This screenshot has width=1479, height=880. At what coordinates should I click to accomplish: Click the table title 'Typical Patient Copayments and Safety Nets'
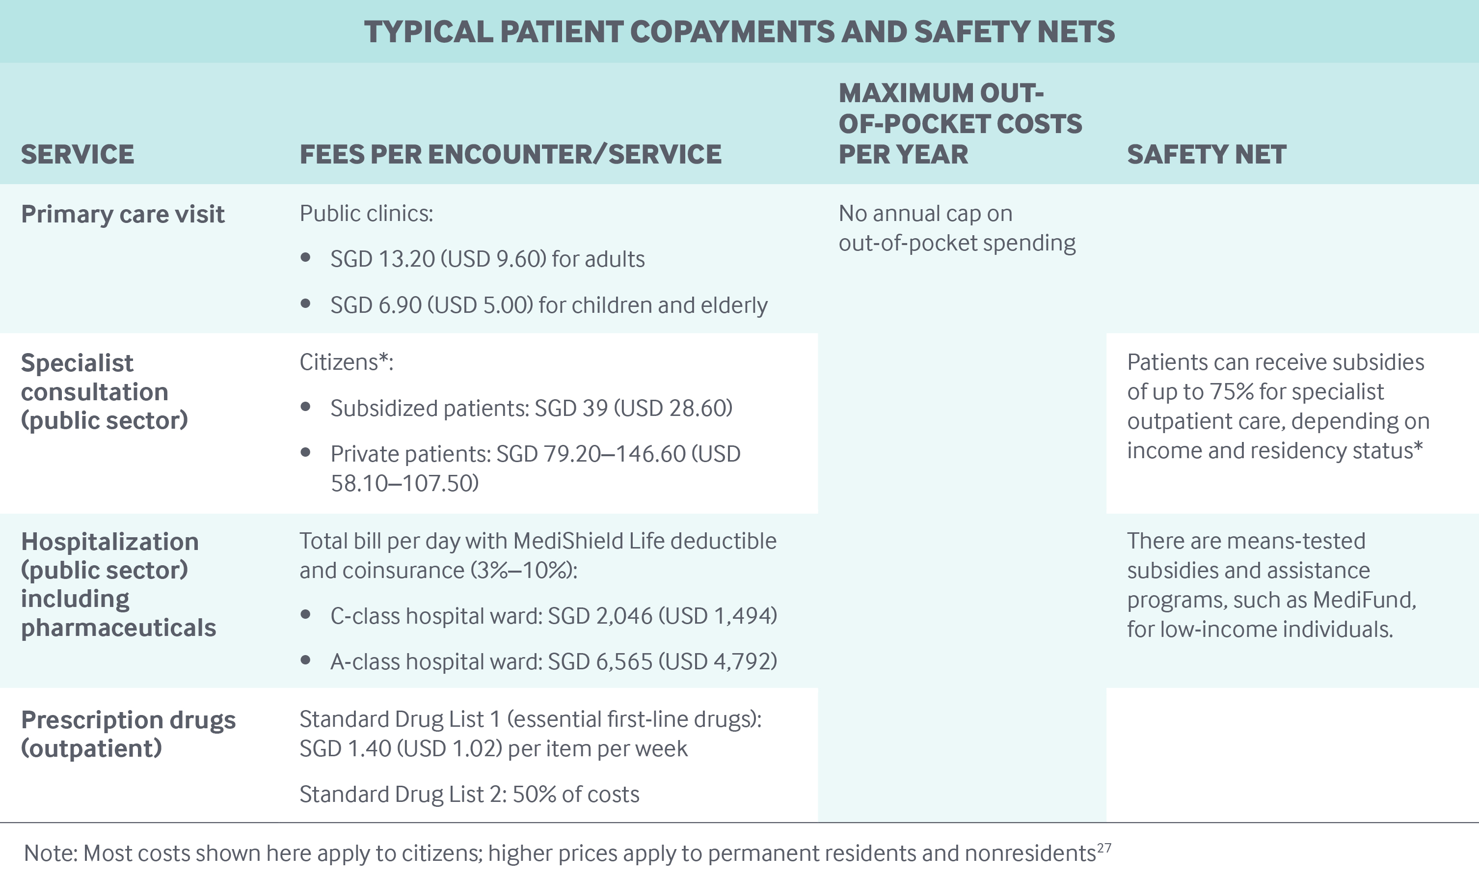click(x=739, y=32)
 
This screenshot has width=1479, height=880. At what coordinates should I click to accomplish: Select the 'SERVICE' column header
click(x=78, y=154)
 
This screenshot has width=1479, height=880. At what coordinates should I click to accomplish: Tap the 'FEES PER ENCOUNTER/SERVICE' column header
click(x=511, y=154)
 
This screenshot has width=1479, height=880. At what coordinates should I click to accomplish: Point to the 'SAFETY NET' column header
click(x=1206, y=154)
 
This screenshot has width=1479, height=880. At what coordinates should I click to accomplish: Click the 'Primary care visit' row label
click(x=123, y=214)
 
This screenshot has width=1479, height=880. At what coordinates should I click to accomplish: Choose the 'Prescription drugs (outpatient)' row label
click(x=128, y=734)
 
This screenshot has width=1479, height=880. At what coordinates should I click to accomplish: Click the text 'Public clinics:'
click(x=366, y=214)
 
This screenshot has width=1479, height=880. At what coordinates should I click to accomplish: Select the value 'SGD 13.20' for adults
click(x=382, y=259)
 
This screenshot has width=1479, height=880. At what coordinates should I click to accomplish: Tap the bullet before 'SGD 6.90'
click(x=306, y=303)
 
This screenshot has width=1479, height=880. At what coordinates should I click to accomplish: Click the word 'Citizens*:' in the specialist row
click(x=346, y=362)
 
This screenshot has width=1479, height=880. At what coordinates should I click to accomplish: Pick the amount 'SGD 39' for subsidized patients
click(x=571, y=408)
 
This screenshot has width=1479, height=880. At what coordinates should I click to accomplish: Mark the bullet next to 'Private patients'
click(x=306, y=452)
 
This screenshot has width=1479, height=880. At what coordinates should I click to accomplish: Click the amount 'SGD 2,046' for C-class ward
click(x=600, y=616)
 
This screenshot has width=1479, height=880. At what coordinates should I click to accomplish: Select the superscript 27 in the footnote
click(x=1104, y=848)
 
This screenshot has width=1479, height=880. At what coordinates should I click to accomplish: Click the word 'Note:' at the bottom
click(x=51, y=853)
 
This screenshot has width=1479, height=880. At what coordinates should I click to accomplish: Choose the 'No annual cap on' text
click(x=925, y=214)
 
